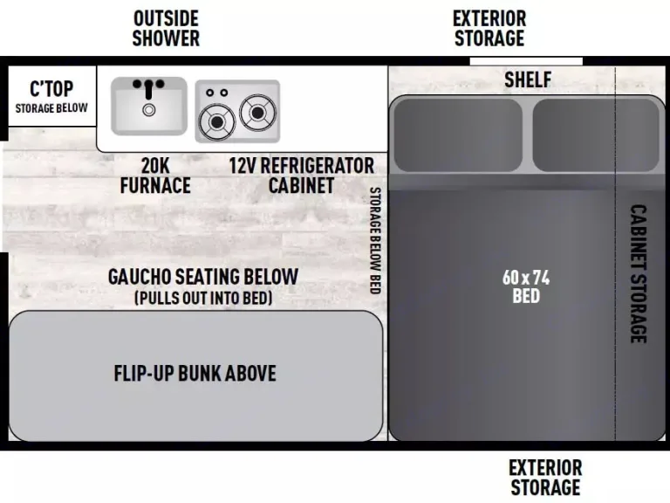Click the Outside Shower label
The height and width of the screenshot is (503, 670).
tap(166, 28)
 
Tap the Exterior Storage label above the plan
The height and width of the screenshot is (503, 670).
tap(489, 28)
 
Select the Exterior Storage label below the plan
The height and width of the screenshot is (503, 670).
tap(545, 477)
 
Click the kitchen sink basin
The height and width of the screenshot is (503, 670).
tap(149, 106)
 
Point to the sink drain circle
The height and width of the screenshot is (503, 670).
tap(149, 110)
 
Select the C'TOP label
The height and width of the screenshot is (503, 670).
tap(51, 89)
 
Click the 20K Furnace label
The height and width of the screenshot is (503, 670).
tap(155, 175)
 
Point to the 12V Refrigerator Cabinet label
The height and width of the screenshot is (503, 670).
tap(302, 175)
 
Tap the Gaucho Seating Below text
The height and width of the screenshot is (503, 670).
tap(203, 277)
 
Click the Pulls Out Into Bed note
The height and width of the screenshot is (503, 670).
tap(203, 298)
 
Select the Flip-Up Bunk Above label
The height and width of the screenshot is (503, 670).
tap(195, 374)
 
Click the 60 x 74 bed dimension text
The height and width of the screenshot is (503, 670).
tap(526, 286)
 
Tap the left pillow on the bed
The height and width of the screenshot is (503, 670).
tap(455, 134)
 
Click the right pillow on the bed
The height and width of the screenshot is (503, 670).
tap(595, 134)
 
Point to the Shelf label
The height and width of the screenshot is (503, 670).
tap(528, 79)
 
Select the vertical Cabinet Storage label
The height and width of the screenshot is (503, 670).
tap(639, 273)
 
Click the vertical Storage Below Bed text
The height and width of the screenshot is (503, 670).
tap(375, 240)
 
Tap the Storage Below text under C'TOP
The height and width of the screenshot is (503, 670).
tap(51, 108)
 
